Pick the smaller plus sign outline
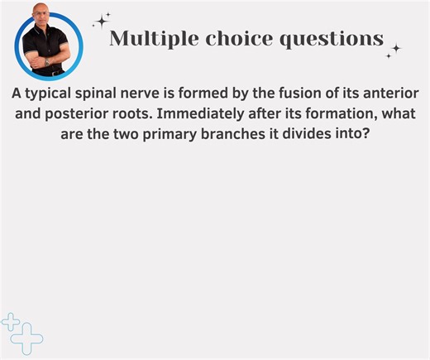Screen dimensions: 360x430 [12, 322]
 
